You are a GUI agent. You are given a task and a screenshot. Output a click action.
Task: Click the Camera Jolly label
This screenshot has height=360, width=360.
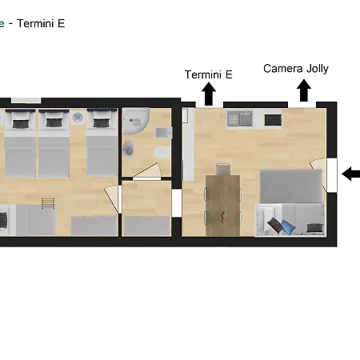tap(296, 69)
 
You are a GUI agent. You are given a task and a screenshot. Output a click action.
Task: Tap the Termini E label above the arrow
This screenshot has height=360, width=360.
tap(209, 74)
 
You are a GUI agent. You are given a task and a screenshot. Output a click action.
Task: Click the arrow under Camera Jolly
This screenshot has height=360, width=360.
tap(304, 90)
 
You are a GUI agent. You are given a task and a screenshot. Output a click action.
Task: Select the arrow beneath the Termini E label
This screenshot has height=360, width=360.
tap(209, 94)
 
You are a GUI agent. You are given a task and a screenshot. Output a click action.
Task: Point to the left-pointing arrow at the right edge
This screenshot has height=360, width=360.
tap(351, 174)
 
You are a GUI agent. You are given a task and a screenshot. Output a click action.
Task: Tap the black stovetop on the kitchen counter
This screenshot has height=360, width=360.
tap(273, 120)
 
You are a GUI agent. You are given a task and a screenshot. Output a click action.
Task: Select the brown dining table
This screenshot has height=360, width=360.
tap(223, 206)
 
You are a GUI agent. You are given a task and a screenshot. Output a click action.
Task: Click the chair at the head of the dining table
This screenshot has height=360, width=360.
tap(223, 169)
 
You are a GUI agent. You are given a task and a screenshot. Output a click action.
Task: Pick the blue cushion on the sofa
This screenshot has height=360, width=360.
tap(289, 226)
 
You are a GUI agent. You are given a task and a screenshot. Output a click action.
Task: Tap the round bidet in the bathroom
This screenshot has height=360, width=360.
tap(129, 150)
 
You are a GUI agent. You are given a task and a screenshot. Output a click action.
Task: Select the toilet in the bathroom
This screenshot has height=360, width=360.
tap(162, 153)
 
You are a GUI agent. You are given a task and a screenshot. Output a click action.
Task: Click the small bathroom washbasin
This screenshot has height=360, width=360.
tap(164, 133)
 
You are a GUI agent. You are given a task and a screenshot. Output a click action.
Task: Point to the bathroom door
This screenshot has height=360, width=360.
tap(147, 171)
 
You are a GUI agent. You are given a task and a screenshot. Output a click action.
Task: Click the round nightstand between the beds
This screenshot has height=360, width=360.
tap(78, 118)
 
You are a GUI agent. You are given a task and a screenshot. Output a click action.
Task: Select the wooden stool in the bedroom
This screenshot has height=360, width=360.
tap(48, 203)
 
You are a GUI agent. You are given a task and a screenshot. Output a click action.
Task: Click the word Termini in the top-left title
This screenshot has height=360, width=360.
tap(35, 23)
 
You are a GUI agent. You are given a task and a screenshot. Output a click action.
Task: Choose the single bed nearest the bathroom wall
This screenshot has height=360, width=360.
tap(102, 142)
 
